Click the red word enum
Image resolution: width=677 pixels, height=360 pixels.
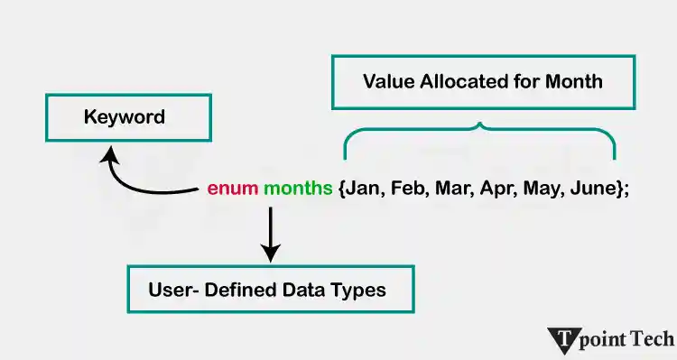click(232, 189)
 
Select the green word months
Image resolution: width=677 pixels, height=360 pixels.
click(298, 189)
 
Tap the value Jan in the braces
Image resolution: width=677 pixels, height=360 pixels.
click(363, 189)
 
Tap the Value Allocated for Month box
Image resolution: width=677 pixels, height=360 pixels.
click(482, 82)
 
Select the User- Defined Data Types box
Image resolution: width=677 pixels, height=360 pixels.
click(270, 290)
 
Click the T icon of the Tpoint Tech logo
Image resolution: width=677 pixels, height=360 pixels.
click(563, 340)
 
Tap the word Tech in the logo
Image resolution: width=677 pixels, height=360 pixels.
click(651, 339)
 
